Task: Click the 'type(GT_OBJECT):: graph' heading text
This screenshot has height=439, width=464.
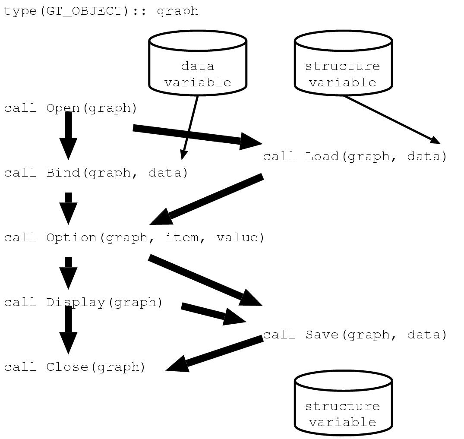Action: click(101, 11)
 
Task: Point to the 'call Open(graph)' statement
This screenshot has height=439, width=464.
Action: click(70, 108)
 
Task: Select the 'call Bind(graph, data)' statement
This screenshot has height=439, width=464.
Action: click(96, 173)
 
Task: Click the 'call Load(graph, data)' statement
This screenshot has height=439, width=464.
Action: click(355, 156)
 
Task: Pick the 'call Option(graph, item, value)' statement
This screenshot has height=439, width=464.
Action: click(134, 238)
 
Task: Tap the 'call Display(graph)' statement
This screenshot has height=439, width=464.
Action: click(83, 302)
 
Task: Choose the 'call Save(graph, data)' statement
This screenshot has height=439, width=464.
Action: click(355, 335)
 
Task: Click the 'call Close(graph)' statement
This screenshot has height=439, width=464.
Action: click(75, 367)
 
